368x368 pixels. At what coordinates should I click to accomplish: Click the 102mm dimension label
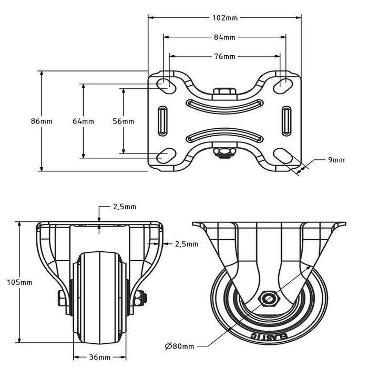point(224,17)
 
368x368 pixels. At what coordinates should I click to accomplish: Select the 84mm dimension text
point(224,37)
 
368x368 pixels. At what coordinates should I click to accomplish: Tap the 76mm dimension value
point(224,56)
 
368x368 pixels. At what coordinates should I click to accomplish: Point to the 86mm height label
point(42,121)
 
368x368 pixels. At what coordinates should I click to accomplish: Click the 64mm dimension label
point(83,121)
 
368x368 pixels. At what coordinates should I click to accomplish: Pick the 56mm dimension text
point(124,121)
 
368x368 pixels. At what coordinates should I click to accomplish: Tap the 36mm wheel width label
point(100,357)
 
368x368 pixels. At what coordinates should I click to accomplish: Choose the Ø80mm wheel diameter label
point(179,346)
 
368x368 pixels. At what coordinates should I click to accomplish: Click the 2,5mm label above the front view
point(125,207)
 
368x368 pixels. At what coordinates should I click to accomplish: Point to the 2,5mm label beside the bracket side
point(186,244)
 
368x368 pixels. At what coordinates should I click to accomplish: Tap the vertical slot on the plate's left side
point(163,121)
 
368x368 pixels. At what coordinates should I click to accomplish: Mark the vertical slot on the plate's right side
point(287,121)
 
